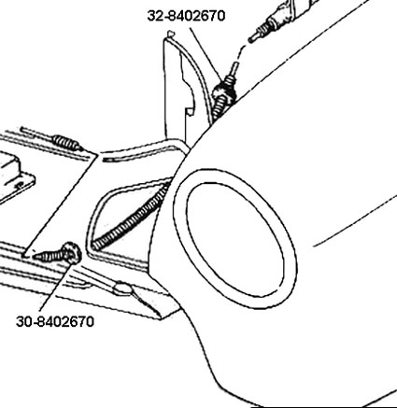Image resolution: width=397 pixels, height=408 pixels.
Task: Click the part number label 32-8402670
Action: [x=186, y=16]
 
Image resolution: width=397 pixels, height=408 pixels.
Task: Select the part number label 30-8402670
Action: [x=55, y=321]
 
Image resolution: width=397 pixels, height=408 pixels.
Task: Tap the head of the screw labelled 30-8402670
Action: [x=72, y=253]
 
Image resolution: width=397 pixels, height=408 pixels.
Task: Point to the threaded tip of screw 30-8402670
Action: [x=35, y=257]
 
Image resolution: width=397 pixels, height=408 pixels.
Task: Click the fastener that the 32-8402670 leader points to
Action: [x=223, y=92]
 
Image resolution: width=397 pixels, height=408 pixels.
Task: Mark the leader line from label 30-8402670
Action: [x=58, y=287]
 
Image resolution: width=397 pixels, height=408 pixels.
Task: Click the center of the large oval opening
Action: [x=235, y=238]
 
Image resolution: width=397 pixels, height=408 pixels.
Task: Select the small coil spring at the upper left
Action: [x=65, y=142]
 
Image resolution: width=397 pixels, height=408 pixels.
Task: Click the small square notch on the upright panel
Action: [x=190, y=111]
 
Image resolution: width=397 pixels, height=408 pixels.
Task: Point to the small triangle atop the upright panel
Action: [x=171, y=33]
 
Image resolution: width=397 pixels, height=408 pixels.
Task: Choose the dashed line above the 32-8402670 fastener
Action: [x=240, y=55]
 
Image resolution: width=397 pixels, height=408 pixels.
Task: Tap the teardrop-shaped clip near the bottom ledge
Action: [x=123, y=288]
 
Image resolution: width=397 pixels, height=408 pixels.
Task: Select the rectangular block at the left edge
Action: [x=8, y=170]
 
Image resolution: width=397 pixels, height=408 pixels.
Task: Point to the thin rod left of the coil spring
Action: [x=37, y=134]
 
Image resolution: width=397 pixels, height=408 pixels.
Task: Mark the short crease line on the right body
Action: [x=355, y=220]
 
